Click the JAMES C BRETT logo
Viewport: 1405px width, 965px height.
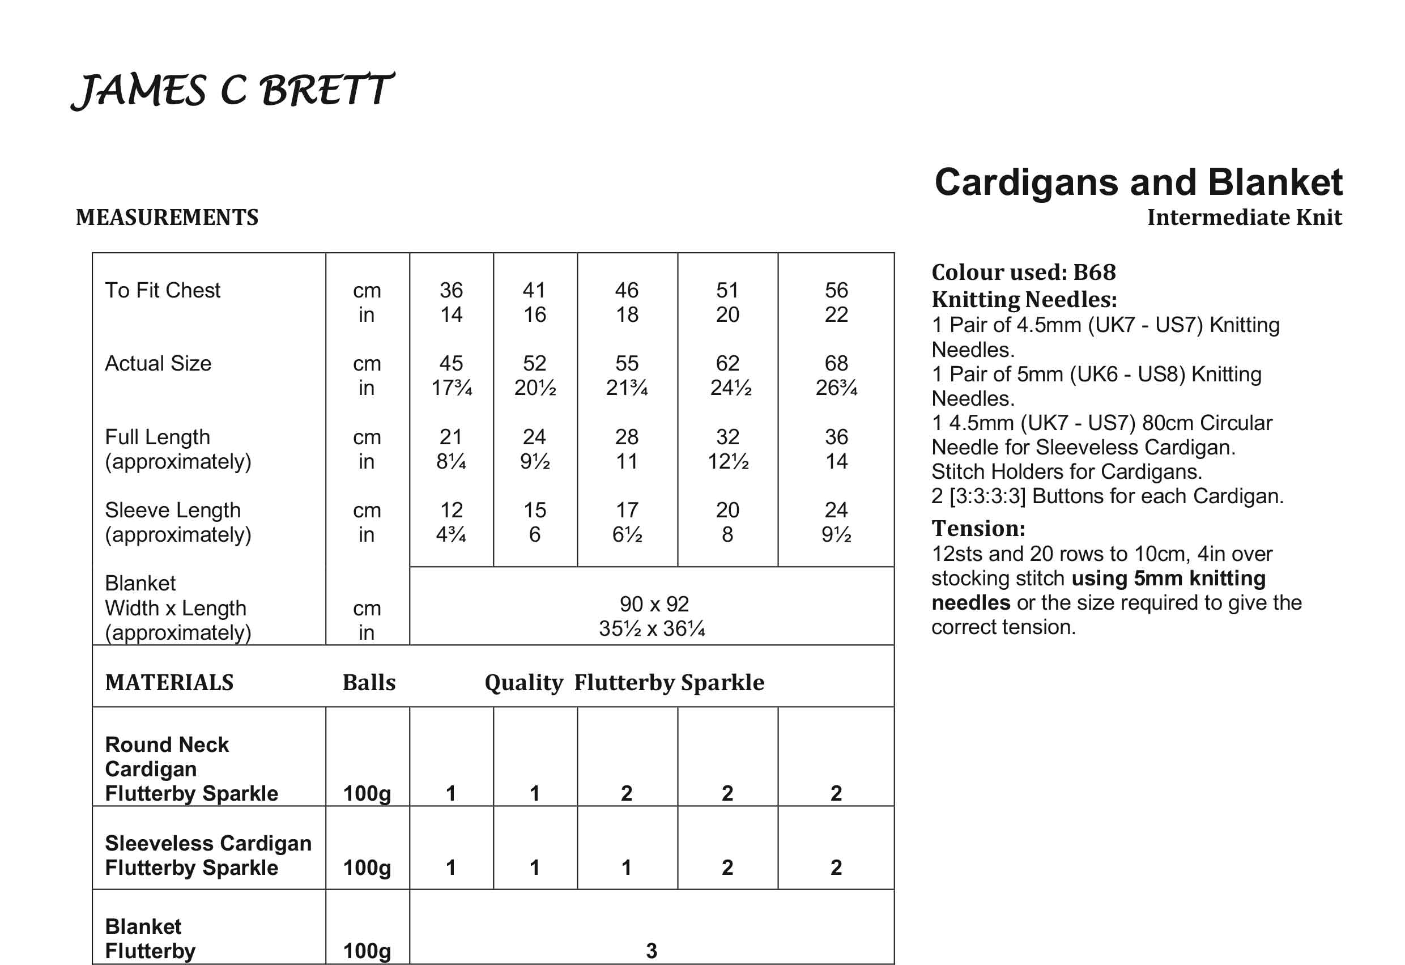[233, 91]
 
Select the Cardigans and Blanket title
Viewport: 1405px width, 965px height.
[1138, 182]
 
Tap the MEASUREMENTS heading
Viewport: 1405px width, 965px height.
[167, 218]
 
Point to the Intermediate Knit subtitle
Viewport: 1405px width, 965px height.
[1244, 218]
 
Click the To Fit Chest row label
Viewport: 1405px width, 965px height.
[163, 290]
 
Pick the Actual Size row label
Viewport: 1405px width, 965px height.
[158, 363]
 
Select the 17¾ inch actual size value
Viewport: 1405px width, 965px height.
[451, 388]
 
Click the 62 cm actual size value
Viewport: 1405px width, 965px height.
[727, 363]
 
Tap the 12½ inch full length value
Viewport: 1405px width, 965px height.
[728, 462]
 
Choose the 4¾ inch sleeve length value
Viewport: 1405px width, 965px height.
[451, 535]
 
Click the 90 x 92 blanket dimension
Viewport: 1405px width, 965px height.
[654, 604]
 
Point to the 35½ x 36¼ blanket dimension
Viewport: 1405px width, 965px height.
[652, 629]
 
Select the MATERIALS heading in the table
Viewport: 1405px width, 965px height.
[169, 683]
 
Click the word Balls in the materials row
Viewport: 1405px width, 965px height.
[369, 683]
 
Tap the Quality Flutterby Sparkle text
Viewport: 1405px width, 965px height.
[624, 683]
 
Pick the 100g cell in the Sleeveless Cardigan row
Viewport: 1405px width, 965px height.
[367, 868]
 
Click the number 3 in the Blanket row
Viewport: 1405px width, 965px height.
[651, 951]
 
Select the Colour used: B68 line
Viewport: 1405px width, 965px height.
[1024, 273]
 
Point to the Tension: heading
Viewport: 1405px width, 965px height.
[978, 529]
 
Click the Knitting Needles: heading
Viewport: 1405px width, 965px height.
[1024, 300]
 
